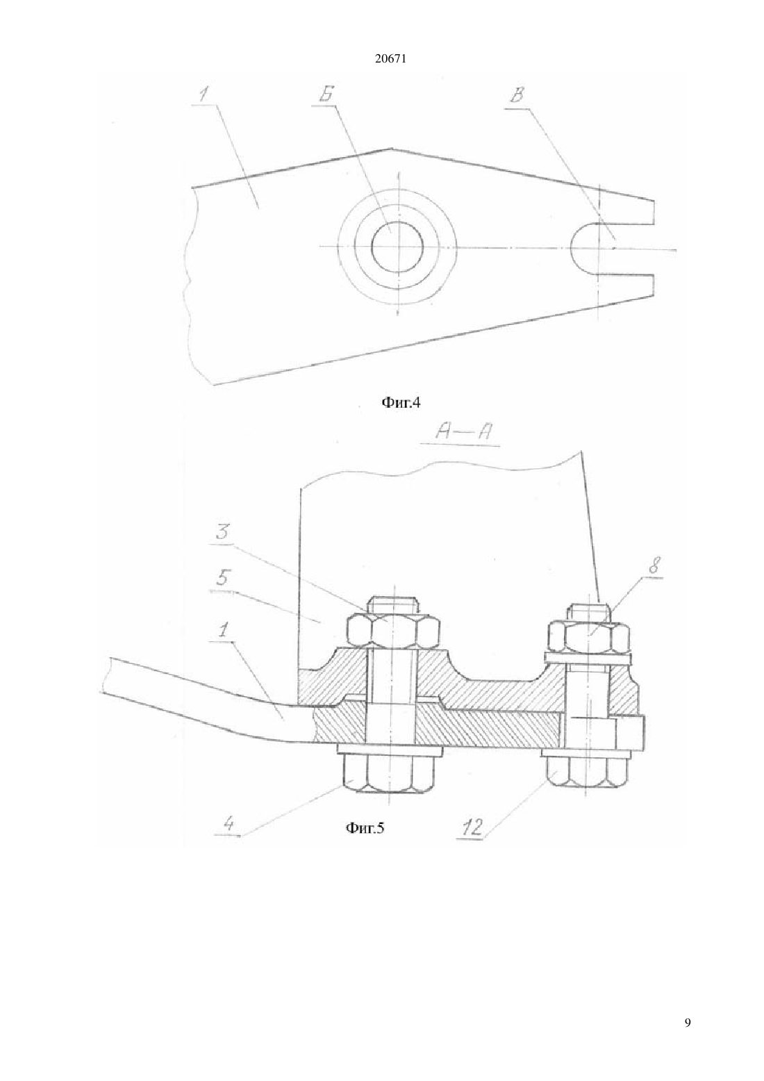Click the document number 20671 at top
tap(390, 60)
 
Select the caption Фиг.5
tap(365, 828)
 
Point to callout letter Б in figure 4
tap(326, 95)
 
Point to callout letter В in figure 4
tap(517, 95)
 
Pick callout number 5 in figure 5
tap(223, 578)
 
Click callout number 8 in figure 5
tap(654, 566)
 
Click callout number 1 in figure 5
tap(222, 631)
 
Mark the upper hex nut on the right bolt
tap(589, 636)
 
